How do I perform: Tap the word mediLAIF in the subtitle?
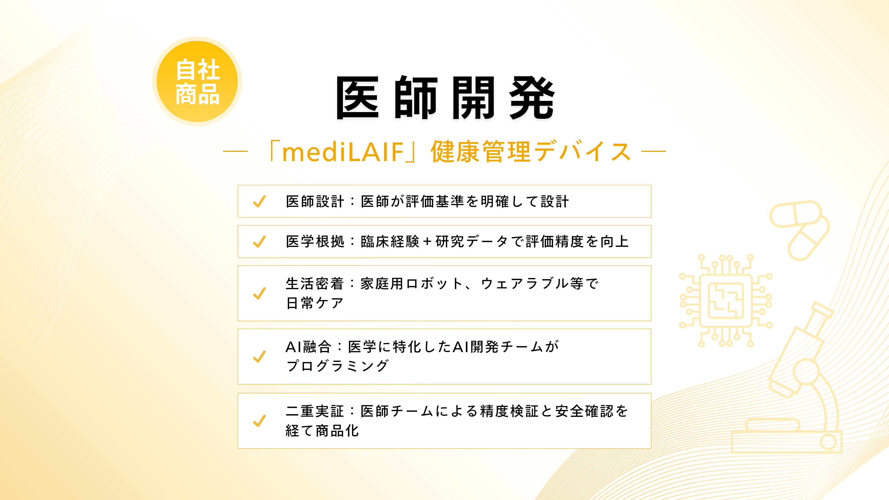point(343,152)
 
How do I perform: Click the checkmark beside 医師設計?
point(260,202)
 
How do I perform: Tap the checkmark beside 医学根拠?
point(260,241)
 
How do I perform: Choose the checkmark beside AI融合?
point(260,356)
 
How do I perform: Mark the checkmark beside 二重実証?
point(260,421)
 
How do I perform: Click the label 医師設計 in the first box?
point(315,202)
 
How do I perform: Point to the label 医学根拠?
point(315,241)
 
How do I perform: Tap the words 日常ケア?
point(315,303)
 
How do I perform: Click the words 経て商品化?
point(322,431)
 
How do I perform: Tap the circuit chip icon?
point(725,300)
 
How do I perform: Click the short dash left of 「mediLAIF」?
point(235,151)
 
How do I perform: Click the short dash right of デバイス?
point(653,151)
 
